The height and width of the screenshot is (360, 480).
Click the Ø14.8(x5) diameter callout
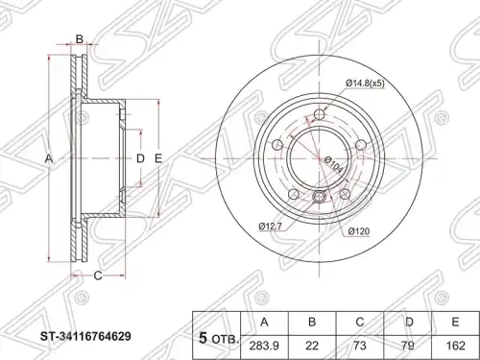tap(365, 84)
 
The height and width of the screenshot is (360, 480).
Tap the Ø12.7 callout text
tap(271, 227)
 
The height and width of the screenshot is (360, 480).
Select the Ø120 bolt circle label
tap(359, 231)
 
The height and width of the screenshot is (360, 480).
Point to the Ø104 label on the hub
tap(333, 165)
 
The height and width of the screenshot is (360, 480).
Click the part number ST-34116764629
tap(85, 336)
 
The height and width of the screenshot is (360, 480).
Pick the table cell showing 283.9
tap(264, 346)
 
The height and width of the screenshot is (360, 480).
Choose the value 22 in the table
tap(312, 346)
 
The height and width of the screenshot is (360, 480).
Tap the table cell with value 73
tap(360, 346)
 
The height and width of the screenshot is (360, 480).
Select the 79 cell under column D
tap(408, 346)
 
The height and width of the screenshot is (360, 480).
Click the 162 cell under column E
tap(455, 346)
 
